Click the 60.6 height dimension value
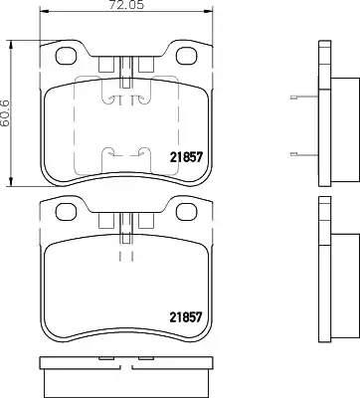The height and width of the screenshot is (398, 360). [6, 112]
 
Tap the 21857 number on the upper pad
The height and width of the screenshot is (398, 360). [186, 157]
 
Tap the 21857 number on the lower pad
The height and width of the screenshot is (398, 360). [186, 317]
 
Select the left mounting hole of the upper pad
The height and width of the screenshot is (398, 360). [66, 56]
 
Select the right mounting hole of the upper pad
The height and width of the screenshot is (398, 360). [187, 56]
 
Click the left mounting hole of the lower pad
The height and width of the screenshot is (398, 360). [66, 212]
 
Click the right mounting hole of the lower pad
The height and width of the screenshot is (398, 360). [187, 212]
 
